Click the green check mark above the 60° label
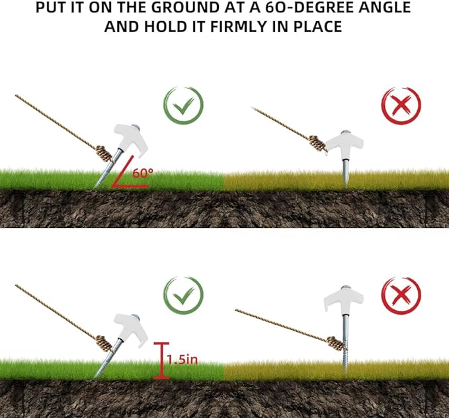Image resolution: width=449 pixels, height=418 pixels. point(183,106)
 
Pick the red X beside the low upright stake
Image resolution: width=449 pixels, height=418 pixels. point(401,106)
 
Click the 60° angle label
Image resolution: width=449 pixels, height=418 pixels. point(143,173)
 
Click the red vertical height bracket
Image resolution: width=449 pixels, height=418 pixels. point(160,360)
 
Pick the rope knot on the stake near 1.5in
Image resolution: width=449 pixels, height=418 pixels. point(104,343)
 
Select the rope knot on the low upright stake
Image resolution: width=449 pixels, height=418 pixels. point(318,144)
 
